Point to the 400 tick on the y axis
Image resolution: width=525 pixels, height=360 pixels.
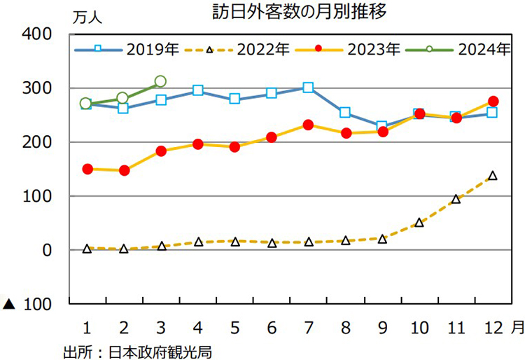click(36, 34)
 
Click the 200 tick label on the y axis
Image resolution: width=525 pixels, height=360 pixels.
click(36, 142)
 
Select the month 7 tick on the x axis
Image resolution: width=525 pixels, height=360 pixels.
click(307, 327)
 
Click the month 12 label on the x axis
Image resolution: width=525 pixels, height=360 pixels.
click(491, 327)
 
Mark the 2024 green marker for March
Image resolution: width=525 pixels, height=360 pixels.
click(160, 81)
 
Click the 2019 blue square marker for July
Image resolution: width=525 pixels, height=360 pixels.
click(308, 88)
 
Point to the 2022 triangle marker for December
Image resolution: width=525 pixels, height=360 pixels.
click(492, 176)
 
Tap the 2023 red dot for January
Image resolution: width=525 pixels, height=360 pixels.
click(87, 169)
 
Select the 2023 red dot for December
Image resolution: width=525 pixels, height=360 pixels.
click(493, 101)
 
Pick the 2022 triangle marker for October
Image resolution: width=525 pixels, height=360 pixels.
click(419, 223)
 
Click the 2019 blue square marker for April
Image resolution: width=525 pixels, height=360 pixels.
click(198, 90)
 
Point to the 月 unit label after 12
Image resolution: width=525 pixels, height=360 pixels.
click(516, 327)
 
